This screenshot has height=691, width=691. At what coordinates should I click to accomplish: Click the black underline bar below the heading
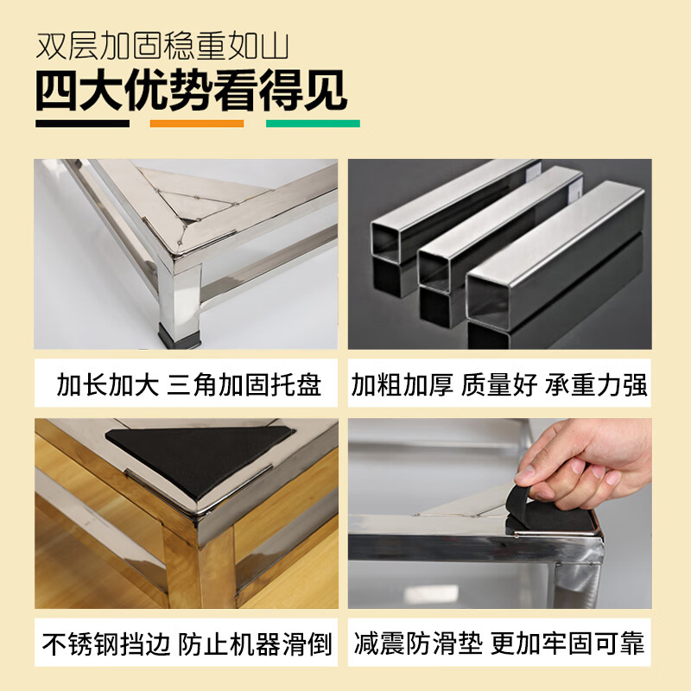[x=82, y=124]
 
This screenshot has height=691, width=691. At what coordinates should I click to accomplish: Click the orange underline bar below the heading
[x=197, y=124]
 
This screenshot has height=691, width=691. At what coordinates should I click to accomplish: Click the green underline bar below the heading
[x=313, y=124]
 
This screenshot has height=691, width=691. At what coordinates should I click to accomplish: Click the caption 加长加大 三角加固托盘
[x=186, y=384]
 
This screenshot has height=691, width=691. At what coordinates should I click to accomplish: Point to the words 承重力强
[x=596, y=384]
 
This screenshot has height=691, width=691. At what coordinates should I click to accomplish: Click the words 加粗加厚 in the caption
[x=402, y=384]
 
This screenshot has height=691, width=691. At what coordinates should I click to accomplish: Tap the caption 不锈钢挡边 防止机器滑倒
[x=186, y=643]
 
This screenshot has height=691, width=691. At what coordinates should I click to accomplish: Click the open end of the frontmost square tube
[x=490, y=298]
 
